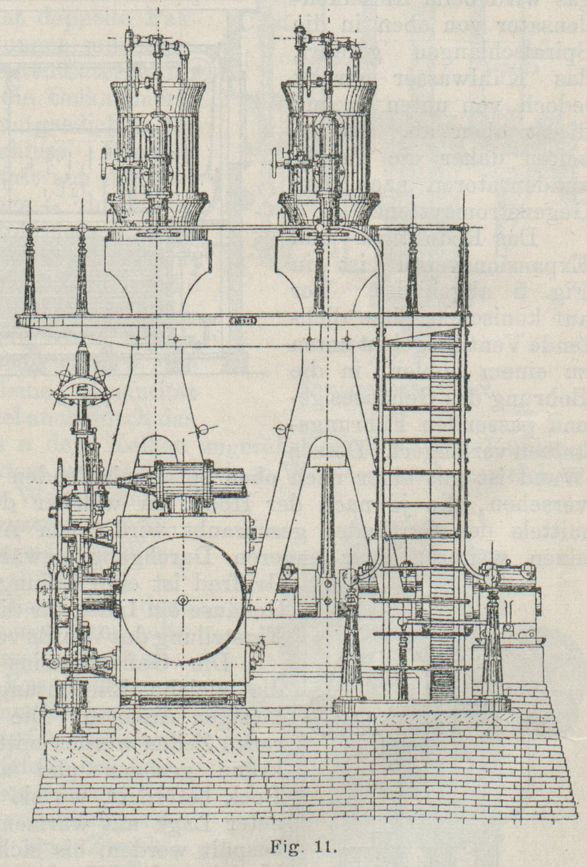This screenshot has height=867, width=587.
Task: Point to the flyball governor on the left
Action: [x=82, y=384]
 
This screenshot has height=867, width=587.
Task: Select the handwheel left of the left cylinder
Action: [x=103, y=164]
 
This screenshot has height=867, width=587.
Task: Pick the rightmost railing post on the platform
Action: [x=464, y=268]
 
